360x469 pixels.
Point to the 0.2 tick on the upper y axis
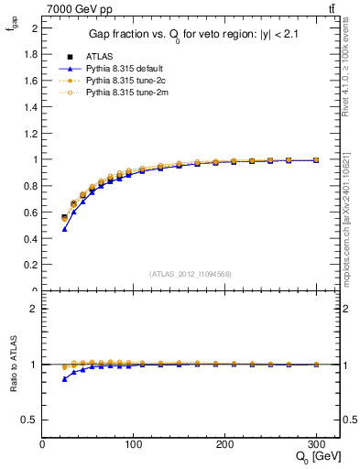31,265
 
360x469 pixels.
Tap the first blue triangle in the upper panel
64,229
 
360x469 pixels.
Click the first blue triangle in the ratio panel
64,378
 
